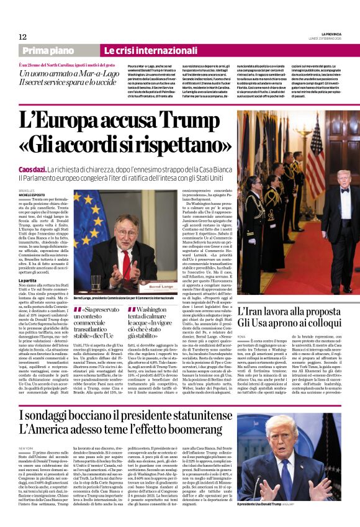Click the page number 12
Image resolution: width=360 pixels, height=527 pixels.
point(22,37)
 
